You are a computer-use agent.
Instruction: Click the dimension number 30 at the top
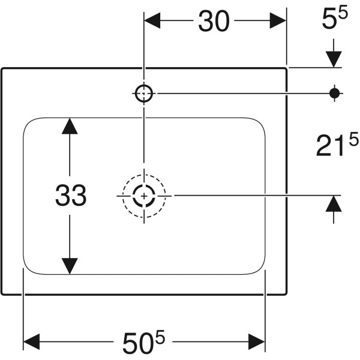click(x=214, y=21)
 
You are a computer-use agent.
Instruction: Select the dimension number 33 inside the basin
click(x=71, y=195)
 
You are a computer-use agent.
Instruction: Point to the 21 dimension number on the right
click(x=331, y=146)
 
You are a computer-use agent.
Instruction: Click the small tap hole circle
click(x=144, y=93)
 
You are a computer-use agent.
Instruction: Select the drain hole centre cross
click(x=144, y=196)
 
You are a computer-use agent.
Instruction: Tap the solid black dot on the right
click(x=335, y=93)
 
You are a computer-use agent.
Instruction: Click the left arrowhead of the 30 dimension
click(x=152, y=20)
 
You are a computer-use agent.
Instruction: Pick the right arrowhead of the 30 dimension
click(x=278, y=20)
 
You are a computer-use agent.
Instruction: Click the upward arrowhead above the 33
click(x=70, y=126)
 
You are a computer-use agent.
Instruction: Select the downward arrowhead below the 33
click(x=70, y=266)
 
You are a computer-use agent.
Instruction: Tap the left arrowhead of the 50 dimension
click(x=32, y=341)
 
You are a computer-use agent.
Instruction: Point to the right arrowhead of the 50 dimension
click(x=257, y=341)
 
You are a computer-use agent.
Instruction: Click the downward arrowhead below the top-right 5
click(x=334, y=59)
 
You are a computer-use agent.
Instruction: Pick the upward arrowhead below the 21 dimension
click(x=334, y=203)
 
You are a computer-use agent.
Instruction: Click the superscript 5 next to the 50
click(x=160, y=337)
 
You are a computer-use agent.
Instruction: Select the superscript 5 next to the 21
click(x=353, y=139)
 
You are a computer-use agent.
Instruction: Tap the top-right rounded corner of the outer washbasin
click(x=286, y=69)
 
